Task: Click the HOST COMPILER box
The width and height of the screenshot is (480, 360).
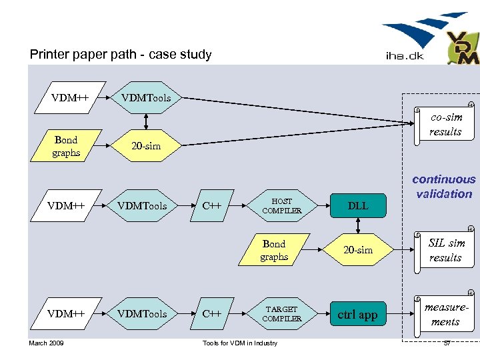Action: coord(281,206)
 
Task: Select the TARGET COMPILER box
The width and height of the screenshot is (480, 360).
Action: coord(281,314)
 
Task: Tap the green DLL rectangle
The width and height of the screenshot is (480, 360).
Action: coord(358,206)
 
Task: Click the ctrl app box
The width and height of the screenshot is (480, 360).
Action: coord(358,315)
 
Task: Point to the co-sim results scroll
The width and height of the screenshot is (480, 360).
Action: coord(445,124)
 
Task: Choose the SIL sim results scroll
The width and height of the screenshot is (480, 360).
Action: coord(445,250)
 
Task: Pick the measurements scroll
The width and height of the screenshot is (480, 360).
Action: coord(445,314)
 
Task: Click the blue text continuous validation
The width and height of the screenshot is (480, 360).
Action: coord(444,187)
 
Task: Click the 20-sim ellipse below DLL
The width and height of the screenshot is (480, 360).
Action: coord(358,250)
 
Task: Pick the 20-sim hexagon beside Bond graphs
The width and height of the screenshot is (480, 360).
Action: coord(145,146)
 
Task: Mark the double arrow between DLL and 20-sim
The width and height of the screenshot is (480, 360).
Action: coord(358,227)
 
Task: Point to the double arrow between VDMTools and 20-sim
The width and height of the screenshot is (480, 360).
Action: coord(146,121)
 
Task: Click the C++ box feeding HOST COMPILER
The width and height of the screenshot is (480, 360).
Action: coord(212,206)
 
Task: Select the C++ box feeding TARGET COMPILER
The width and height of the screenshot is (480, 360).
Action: coord(212,314)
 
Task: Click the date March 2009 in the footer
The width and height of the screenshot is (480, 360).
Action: coord(47,343)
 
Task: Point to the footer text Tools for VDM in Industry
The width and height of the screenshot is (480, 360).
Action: coord(239,343)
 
